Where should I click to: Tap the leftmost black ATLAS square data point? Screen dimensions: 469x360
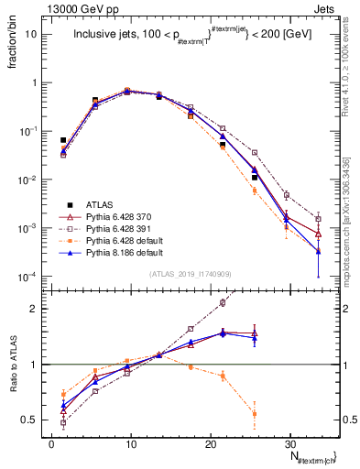[63, 140]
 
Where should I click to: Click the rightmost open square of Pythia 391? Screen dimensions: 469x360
[318, 219]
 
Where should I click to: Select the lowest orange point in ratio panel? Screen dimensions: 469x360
[254, 414]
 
